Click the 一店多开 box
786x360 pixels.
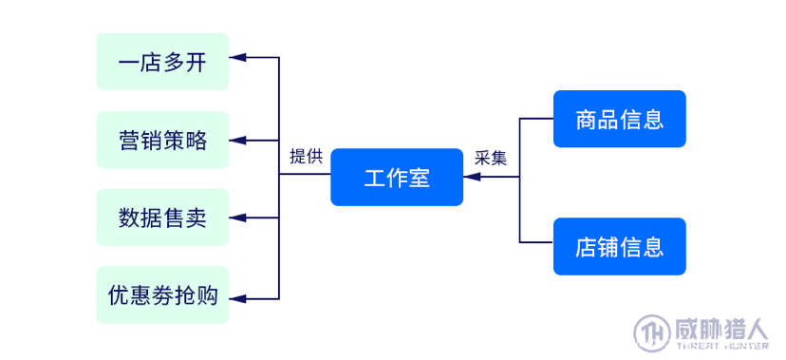[162, 62]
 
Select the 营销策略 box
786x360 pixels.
[162, 140]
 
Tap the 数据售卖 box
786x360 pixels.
[162, 218]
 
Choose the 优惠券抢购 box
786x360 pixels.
[162, 295]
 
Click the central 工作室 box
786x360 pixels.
[397, 178]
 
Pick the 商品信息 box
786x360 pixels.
[619, 119]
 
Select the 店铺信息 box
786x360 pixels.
[619, 247]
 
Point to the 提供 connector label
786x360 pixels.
[306, 158]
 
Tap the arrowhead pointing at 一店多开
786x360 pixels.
[238, 58]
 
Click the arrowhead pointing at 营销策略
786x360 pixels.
[238, 141]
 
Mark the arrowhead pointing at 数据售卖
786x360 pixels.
[238, 218]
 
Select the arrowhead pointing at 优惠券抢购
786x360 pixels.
[238, 298]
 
